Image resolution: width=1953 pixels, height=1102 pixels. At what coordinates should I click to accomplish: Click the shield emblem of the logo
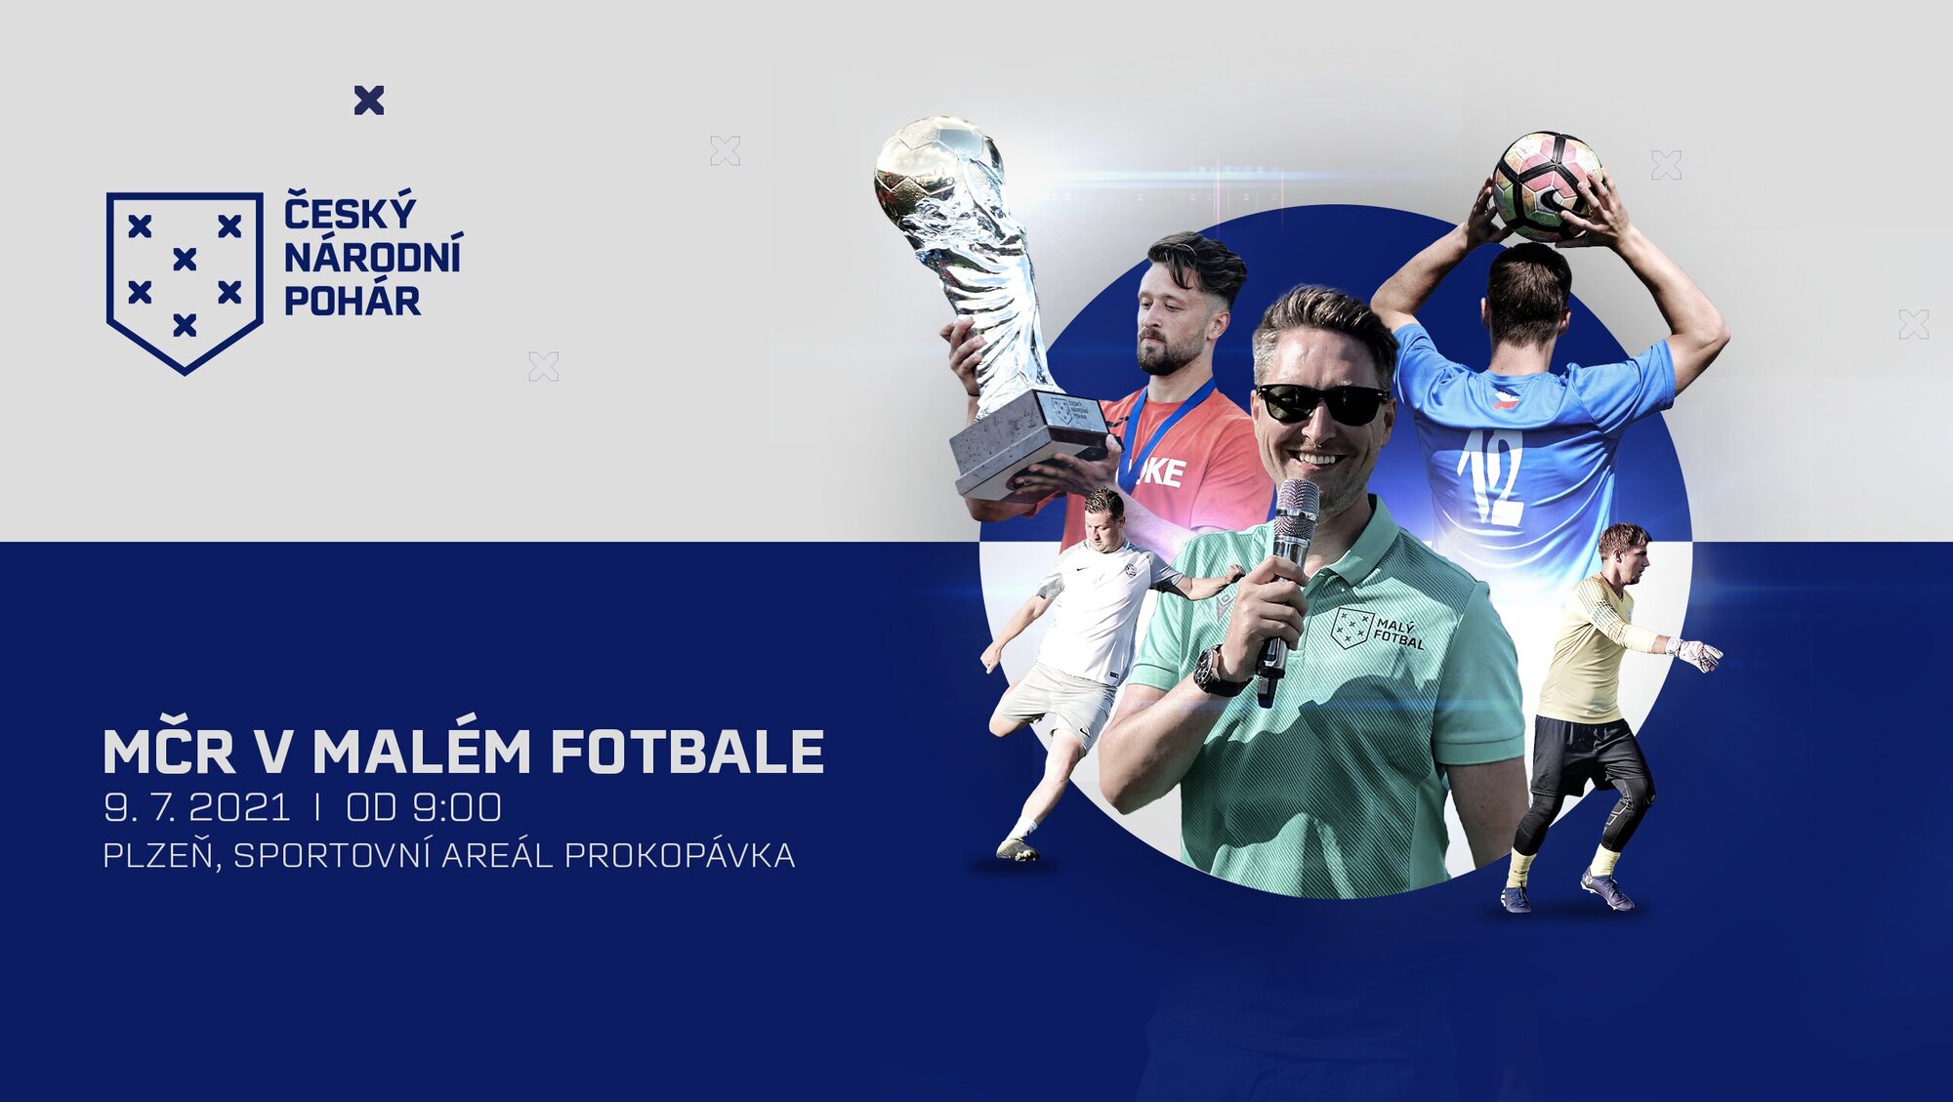click(x=185, y=282)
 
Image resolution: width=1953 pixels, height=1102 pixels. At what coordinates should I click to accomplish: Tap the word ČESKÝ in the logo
click(x=351, y=212)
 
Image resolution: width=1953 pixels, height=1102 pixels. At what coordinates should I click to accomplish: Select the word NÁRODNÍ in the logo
click(x=373, y=256)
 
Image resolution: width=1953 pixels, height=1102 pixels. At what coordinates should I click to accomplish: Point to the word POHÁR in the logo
click(x=353, y=301)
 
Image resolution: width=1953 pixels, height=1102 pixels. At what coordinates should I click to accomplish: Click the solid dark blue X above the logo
click(x=369, y=101)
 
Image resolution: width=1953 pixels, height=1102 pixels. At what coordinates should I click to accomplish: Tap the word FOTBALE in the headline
click(x=687, y=751)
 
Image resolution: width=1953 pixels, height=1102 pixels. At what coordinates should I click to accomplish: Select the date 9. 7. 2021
click(x=197, y=808)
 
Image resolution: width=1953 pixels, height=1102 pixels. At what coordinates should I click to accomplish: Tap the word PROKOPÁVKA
click(x=680, y=856)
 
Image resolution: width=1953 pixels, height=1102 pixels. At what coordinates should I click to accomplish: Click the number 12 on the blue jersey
click(x=1491, y=477)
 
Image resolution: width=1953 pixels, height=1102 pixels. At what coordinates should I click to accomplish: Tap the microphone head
click(x=1296, y=510)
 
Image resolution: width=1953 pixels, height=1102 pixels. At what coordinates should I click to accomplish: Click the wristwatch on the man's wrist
click(x=1215, y=673)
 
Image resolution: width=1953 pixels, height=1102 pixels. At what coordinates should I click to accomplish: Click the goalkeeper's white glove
click(x=1695, y=654)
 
